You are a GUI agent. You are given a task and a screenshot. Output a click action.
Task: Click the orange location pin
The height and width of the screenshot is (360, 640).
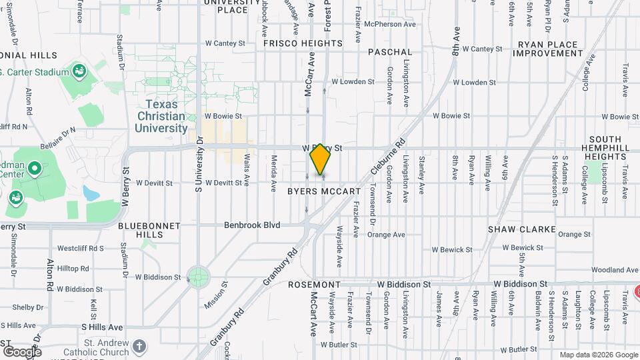tap(320, 159)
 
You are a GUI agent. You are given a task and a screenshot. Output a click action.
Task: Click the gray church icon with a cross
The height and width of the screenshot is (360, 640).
tap(139, 346)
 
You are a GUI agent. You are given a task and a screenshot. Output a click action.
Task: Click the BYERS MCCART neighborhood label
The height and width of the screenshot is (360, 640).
tap(323, 191)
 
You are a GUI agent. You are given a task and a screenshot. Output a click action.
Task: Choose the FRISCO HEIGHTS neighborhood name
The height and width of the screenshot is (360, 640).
tap(303, 43)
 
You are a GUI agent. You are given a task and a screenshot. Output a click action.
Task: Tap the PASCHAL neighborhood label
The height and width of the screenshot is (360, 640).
tap(390, 51)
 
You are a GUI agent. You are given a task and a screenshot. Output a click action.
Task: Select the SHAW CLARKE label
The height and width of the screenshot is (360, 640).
tap(522, 229)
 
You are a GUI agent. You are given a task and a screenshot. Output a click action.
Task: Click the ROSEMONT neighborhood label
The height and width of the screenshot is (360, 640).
tap(315, 284)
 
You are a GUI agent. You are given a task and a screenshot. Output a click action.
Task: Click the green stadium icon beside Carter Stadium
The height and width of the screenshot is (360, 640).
tap(79, 70)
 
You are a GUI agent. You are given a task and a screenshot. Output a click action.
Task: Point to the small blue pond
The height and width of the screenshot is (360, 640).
tap(90, 194)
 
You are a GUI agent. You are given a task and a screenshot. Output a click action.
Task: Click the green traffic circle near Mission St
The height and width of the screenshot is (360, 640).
tap(197, 275)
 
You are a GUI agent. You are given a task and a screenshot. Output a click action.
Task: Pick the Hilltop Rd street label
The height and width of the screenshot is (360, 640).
tap(73, 268)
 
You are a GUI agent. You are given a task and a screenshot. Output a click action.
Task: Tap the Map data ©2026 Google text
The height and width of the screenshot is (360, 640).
tap(598, 355)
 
